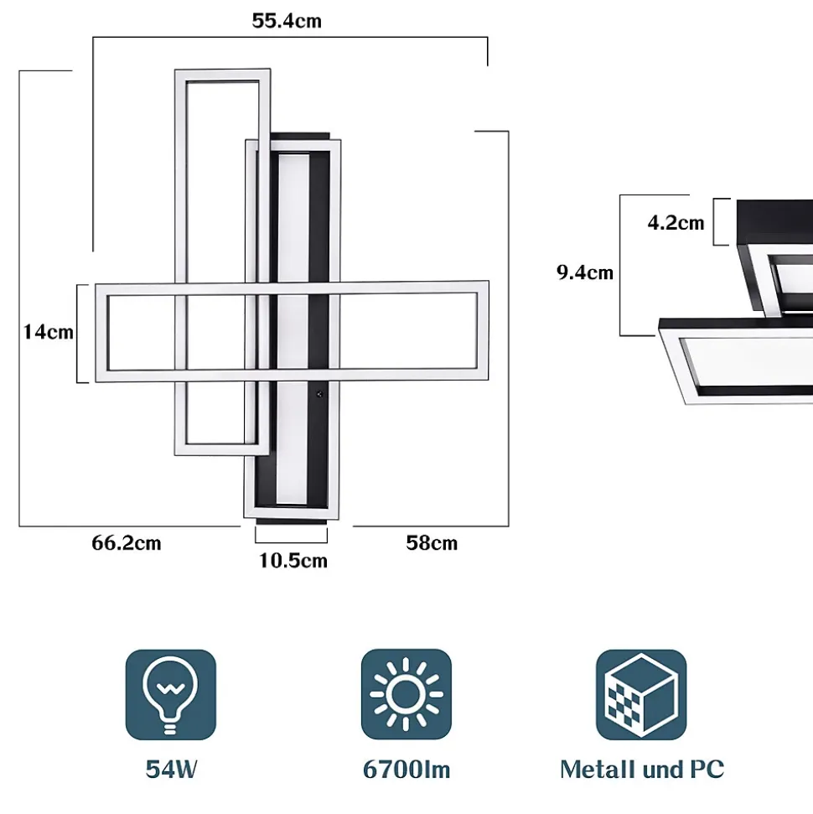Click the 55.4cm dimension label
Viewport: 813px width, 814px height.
tap(287, 21)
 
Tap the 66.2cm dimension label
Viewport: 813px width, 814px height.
tap(127, 543)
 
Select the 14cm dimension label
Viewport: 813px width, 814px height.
tap(48, 332)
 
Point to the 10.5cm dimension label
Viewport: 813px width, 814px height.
tap(293, 561)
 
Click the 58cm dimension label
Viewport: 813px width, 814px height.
tap(432, 543)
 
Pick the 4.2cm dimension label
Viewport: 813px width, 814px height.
tap(676, 223)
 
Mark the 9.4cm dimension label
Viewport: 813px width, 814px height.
tap(585, 272)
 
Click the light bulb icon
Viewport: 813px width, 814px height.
tap(171, 695)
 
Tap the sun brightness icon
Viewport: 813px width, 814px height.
tap(406, 695)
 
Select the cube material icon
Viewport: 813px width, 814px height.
tap(641, 695)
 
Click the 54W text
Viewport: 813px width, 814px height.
tap(171, 770)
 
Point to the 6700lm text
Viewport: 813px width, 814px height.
tap(406, 770)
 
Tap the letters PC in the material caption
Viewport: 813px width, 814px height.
tap(707, 770)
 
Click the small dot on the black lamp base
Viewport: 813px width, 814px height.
tap(319, 394)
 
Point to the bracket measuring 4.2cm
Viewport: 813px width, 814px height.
tap(717, 222)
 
